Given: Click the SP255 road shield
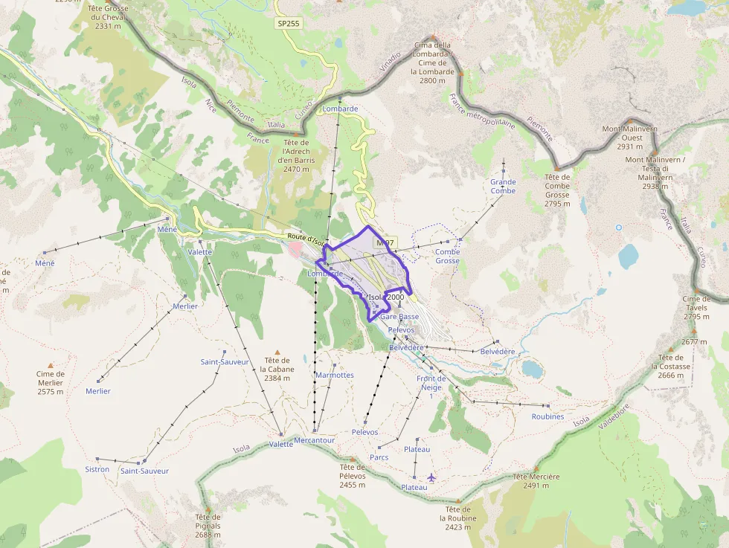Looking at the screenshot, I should [289, 24].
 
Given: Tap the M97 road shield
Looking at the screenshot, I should [385, 243].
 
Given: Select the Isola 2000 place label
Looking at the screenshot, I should [386, 297].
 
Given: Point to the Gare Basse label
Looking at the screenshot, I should [399, 317].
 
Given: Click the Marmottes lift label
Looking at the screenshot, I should [335, 375].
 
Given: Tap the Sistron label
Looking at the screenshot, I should [97, 469].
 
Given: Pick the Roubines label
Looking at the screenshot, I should [547, 417].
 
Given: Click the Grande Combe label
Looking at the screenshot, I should [503, 187].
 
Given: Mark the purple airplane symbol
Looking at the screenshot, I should [431, 477].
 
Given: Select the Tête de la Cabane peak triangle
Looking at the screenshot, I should [279, 352].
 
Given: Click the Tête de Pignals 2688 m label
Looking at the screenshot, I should [208, 526].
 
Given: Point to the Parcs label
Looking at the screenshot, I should [379, 457].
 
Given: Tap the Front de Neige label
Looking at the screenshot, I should [431, 383].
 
